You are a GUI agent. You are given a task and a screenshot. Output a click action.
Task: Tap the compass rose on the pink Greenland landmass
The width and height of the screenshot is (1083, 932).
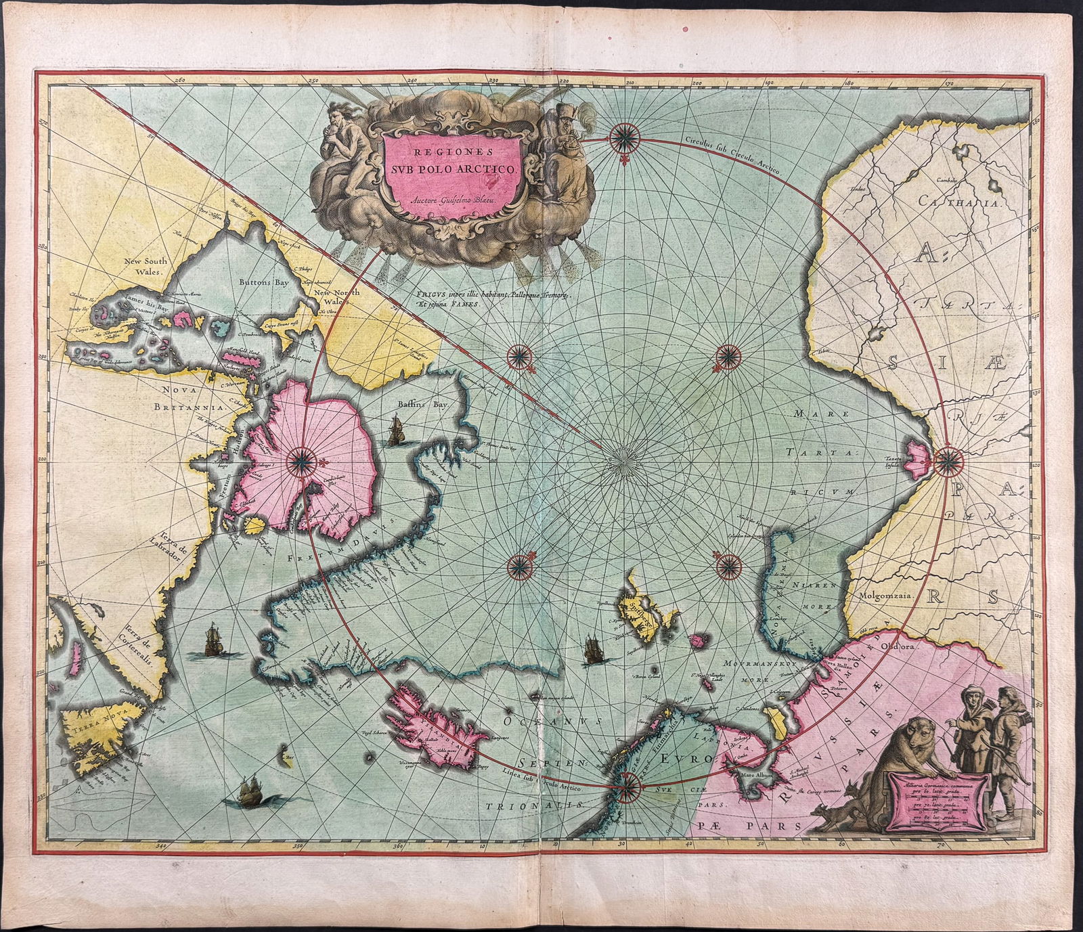coord(301,462)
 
